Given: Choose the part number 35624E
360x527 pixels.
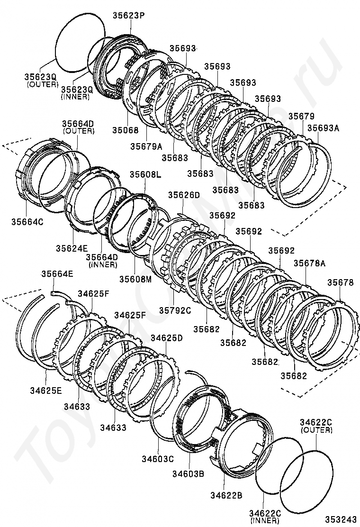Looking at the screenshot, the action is pos(72,248).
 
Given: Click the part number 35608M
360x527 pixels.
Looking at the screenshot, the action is pos(135,279).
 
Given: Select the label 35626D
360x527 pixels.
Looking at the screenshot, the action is pos(184,195).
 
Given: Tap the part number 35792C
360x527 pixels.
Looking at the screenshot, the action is pos(175,310).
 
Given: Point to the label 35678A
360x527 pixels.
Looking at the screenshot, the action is pos(309,263).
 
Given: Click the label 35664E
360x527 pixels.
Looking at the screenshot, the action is pos(57,273).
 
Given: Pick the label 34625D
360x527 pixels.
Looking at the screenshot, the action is pos(166,338).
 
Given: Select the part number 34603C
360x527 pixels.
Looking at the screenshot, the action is pos(158,458).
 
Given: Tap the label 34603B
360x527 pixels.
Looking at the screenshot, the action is pos(188,473).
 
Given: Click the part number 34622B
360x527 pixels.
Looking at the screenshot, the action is pos(226,495).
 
